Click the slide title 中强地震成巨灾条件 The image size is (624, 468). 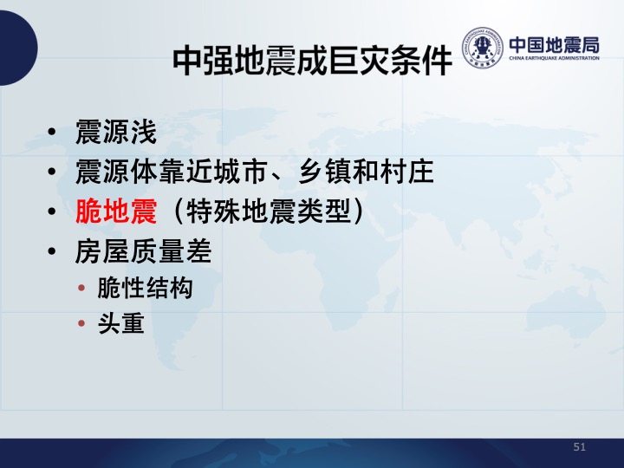[x=312, y=62]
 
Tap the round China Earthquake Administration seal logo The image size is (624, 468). [x=482, y=48]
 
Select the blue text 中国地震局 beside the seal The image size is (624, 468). [x=554, y=45]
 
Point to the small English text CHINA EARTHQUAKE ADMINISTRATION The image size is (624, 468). [x=554, y=58]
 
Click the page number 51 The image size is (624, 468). [x=580, y=447]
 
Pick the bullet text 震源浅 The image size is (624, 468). [x=116, y=132]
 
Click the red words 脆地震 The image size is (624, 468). [x=116, y=211]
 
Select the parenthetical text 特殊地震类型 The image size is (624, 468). [x=268, y=211]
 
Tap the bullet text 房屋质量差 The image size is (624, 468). [x=143, y=251]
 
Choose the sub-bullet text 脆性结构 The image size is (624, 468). [x=145, y=288]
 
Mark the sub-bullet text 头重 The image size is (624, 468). [x=121, y=323]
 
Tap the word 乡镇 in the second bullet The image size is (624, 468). [x=324, y=172]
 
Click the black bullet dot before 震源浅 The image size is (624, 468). [x=52, y=132]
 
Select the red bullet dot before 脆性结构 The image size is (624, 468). [x=81, y=288]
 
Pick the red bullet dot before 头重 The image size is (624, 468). [x=81, y=323]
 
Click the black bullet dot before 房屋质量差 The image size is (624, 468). [x=52, y=251]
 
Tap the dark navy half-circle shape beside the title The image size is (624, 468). [x=18, y=48]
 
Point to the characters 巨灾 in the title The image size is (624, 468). [x=359, y=62]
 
